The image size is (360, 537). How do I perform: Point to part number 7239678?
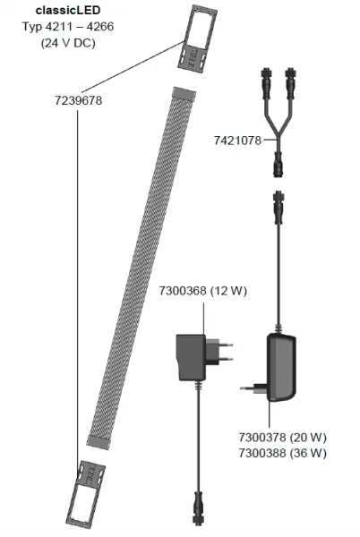79,100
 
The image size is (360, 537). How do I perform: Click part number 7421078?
237,139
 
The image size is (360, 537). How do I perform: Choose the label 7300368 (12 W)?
198,291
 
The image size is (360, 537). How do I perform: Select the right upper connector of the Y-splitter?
296,93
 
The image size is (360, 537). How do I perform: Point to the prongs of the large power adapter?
250,388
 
